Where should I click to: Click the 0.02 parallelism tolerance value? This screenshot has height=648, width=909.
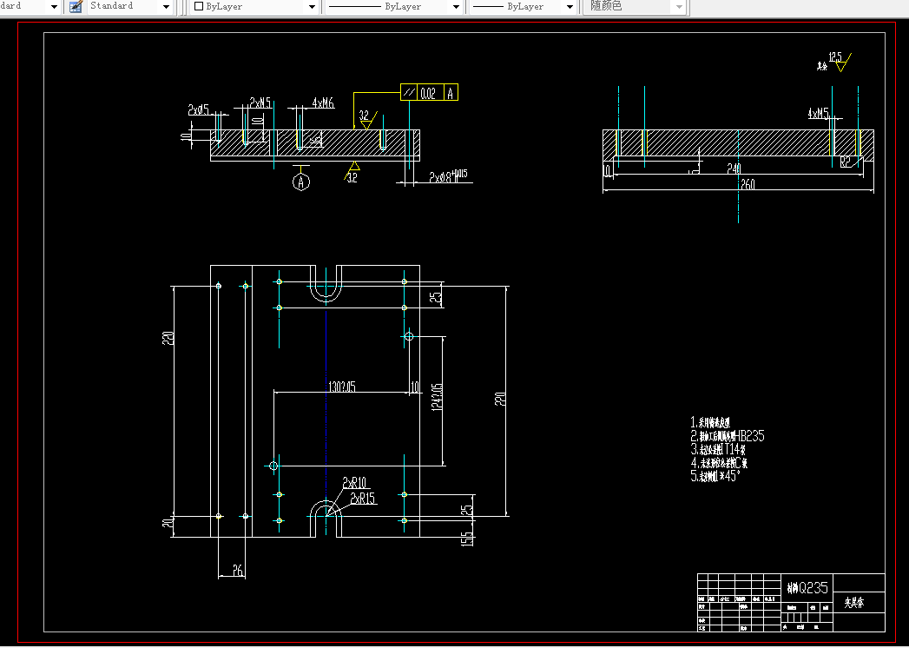(427, 94)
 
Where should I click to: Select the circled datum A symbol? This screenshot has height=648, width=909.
(301, 182)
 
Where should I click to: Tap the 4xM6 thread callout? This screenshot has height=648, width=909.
(322, 103)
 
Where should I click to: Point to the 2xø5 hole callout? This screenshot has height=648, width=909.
(198, 110)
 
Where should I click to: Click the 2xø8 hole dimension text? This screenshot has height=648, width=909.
(447, 177)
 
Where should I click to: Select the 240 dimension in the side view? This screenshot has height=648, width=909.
(734, 169)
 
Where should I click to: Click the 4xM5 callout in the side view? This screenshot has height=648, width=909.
(818, 113)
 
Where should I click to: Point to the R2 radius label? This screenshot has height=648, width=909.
(846, 161)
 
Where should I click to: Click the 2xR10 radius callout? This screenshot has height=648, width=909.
(354, 483)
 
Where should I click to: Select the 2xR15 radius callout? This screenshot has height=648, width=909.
(363, 498)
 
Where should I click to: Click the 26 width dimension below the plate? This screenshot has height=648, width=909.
(237, 571)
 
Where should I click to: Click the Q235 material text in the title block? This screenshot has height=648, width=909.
(807, 587)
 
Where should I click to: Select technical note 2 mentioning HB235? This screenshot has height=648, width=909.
(727, 436)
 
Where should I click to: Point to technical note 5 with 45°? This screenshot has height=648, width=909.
(716, 476)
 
